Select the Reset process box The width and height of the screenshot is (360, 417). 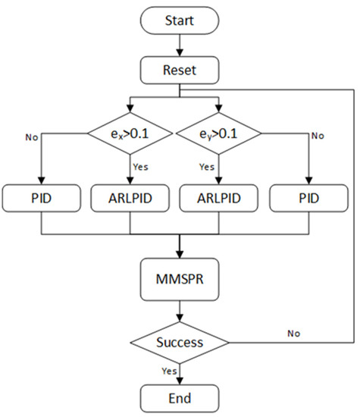[x=180, y=72]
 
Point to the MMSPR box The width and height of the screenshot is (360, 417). [x=180, y=278]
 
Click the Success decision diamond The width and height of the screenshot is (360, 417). [x=180, y=341]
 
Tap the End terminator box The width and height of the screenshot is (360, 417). [x=180, y=397]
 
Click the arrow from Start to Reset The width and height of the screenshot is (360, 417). [x=180, y=47]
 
